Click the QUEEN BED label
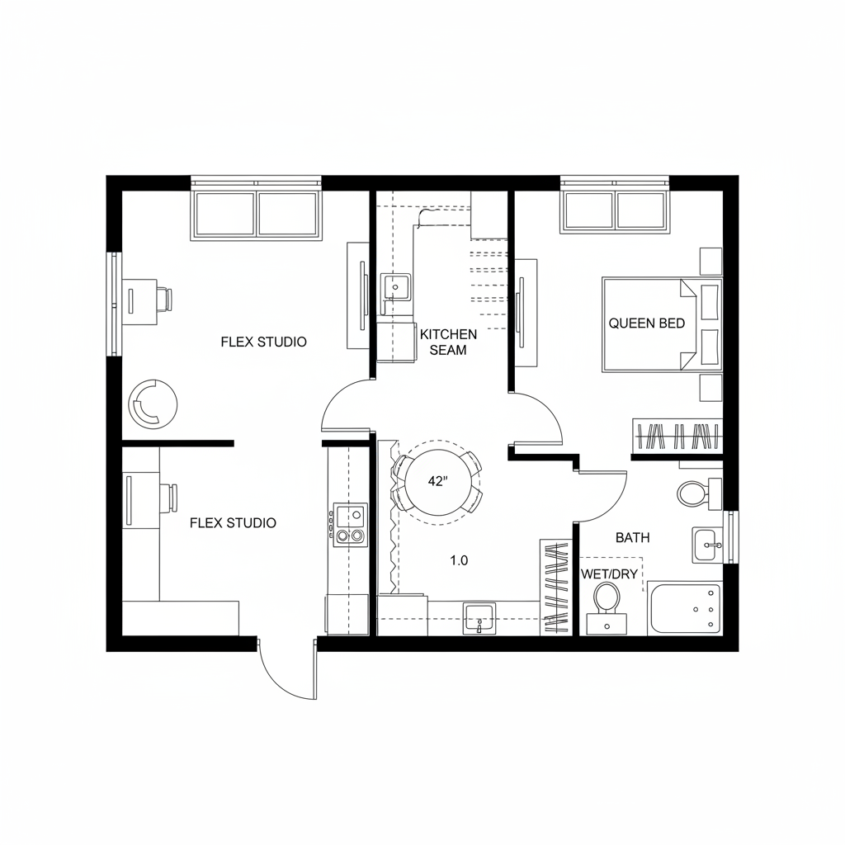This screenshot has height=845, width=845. point(647,323)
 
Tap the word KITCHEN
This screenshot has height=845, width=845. point(448,334)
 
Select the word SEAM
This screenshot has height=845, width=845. point(448,350)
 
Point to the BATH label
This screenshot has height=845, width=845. point(633,537)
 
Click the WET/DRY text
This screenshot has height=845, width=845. point(610,574)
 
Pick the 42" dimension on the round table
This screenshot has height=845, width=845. point(437,483)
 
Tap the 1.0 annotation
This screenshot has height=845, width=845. point(459,560)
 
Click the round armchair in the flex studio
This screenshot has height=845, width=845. point(153,404)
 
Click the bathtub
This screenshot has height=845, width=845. point(685,609)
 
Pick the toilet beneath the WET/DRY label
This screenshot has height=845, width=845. point(607,598)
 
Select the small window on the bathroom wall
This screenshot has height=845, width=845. point(731,537)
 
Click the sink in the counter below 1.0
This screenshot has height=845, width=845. point(479,617)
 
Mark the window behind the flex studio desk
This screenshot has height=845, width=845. point(114,304)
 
